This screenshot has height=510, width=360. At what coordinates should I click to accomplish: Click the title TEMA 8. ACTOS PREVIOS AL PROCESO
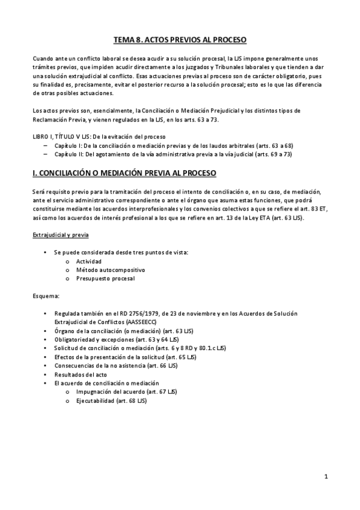(180, 40)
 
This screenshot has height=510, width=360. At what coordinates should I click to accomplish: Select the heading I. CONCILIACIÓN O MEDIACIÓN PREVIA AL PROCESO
(124, 173)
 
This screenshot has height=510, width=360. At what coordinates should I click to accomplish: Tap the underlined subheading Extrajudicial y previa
(58, 235)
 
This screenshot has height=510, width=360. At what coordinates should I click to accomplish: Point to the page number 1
(326, 477)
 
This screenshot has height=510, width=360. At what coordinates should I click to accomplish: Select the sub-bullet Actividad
(88, 262)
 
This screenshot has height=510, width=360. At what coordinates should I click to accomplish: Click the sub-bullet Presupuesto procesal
(101, 278)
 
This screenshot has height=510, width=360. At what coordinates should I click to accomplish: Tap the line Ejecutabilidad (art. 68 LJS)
(111, 400)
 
